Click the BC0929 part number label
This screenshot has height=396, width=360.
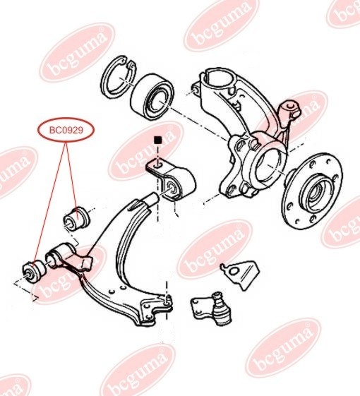tap(66, 131)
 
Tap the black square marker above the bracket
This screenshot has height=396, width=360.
tap(158, 140)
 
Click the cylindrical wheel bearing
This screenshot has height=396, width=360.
tap(152, 97)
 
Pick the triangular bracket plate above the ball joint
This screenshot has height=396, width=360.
tap(240, 274)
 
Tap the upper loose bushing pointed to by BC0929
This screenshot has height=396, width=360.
tap(76, 219)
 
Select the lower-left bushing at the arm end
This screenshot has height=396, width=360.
tap(34, 272)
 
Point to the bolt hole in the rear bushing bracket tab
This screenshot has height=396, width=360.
tap(157, 167)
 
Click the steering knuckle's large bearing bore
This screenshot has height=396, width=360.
tap(268, 168)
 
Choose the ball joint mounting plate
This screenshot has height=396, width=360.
tap(201, 308)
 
